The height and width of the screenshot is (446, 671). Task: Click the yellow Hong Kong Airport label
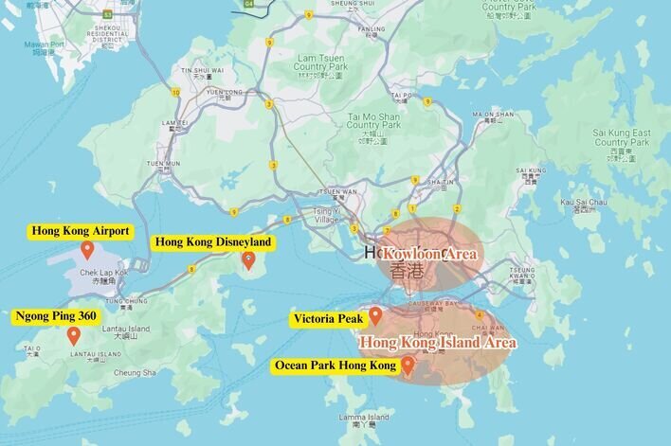(x=81, y=230)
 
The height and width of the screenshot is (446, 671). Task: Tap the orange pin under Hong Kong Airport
(x=87, y=250)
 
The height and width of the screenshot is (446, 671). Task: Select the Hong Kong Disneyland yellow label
(x=213, y=242)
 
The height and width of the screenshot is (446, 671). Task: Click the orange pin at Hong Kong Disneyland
(x=248, y=259)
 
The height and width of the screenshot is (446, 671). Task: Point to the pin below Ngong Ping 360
(x=73, y=335)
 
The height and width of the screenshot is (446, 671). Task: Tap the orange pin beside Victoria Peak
(x=375, y=315)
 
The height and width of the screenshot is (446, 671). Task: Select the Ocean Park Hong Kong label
(x=335, y=365)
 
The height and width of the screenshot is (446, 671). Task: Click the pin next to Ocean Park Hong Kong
(x=408, y=366)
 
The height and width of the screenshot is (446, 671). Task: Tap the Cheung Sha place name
(x=135, y=372)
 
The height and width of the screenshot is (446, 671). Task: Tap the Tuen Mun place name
(x=167, y=163)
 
